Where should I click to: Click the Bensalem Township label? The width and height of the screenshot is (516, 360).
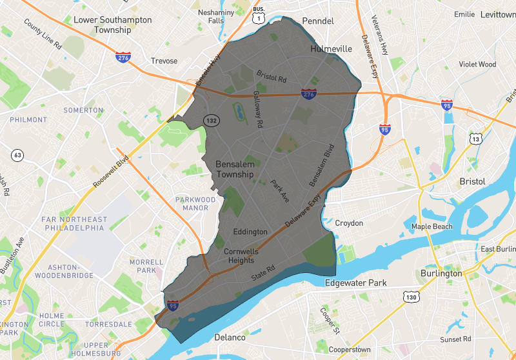(235, 169)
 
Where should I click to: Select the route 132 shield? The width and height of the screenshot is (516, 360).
(210, 121)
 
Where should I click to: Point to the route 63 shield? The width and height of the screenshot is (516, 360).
(17, 155)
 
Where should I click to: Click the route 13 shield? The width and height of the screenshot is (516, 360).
(476, 139)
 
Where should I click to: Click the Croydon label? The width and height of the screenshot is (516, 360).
(349, 223)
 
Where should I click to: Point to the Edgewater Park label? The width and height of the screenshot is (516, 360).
(355, 283)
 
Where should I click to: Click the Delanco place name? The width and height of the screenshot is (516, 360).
(230, 337)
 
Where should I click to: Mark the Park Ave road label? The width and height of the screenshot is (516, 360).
(281, 192)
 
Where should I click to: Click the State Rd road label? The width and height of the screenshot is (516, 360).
(263, 275)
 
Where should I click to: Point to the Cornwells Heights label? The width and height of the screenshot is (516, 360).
(241, 255)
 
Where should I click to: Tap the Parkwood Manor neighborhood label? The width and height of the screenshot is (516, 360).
(195, 203)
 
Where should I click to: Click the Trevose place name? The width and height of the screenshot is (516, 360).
(164, 61)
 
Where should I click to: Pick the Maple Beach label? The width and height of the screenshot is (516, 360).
(432, 226)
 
